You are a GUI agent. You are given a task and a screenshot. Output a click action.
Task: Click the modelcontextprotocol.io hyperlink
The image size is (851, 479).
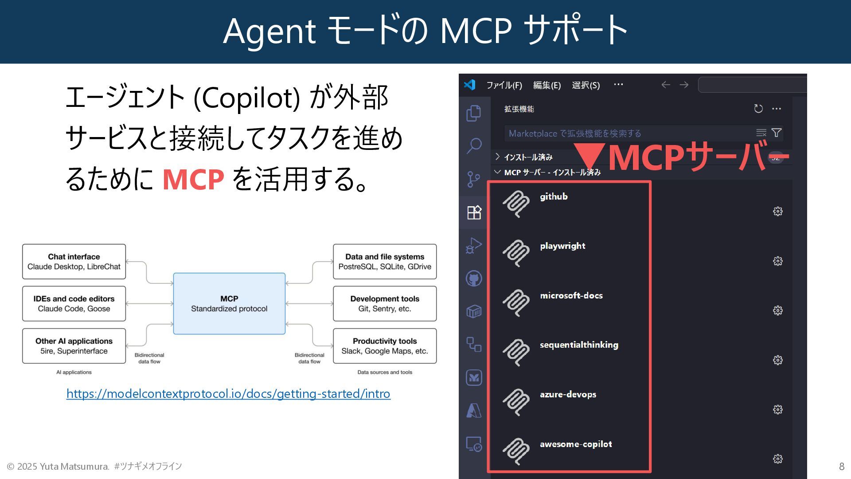pyautogui.click(x=228, y=394)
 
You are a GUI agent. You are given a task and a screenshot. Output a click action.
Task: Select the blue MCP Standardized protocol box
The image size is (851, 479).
pyautogui.click(x=229, y=304)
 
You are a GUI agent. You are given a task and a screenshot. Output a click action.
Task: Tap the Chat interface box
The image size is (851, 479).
pyautogui.click(x=74, y=262)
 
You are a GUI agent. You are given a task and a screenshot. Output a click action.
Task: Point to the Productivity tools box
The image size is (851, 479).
pyautogui.click(x=385, y=346)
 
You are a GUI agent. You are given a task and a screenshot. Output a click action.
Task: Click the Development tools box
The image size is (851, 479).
pyautogui.click(x=385, y=304)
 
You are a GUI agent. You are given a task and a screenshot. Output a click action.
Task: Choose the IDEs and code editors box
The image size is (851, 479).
pyautogui.click(x=74, y=304)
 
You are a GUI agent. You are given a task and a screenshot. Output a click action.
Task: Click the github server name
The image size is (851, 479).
pyautogui.click(x=554, y=196)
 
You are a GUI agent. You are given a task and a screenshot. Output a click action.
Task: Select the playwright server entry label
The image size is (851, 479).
pyautogui.click(x=562, y=246)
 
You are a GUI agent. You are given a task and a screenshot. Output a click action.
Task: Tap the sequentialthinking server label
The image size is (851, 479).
pyautogui.click(x=579, y=345)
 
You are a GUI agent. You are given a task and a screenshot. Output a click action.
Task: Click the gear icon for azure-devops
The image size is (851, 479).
pyautogui.click(x=777, y=409)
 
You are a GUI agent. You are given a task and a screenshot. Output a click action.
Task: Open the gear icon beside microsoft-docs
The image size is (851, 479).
pyautogui.click(x=777, y=310)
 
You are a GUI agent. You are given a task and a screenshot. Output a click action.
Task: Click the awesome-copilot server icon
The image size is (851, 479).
pyautogui.click(x=516, y=451)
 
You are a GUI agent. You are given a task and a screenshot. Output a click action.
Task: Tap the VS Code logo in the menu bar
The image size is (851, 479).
pyautogui.click(x=469, y=85)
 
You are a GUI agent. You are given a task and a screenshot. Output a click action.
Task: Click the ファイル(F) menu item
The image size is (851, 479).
pyautogui.click(x=504, y=85)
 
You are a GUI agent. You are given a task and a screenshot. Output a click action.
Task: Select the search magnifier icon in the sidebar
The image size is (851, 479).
pyautogui.click(x=474, y=145)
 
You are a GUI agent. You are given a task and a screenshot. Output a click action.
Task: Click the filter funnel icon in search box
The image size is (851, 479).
pyautogui.click(x=776, y=133)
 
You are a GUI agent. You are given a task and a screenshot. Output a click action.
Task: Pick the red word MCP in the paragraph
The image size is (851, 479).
pyautogui.click(x=193, y=179)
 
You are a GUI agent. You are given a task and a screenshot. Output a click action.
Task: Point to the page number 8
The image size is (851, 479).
pyautogui.click(x=841, y=466)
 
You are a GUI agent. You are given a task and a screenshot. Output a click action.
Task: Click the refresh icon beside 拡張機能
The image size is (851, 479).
pyautogui.click(x=758, y=109)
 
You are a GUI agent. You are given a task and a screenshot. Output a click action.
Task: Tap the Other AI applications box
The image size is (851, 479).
pyautogui.click(x=74, y=346)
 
